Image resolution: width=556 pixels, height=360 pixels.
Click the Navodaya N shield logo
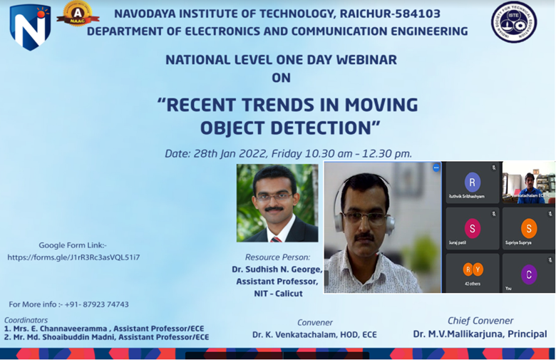[x=30, y=27]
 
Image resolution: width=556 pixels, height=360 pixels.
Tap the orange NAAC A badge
[x=78, y=15]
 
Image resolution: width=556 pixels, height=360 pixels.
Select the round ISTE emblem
[x=513, y=22]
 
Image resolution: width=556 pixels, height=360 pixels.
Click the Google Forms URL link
[x=73, y=257]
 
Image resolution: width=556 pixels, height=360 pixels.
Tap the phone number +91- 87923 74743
[x=96, y=304]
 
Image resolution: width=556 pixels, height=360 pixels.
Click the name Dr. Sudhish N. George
[x=277, y=269]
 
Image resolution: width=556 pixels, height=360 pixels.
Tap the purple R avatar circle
[x=472, y=182]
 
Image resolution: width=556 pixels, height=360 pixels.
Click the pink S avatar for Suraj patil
[x=472, y=228]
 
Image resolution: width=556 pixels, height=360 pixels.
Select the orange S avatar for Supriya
[x=528, y=228]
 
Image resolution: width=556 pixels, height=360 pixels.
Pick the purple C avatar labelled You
[x=528, y=274]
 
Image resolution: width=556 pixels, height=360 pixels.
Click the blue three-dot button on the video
[x=436, y=168]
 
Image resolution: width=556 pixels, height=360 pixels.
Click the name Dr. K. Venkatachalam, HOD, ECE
[x=314, y=334]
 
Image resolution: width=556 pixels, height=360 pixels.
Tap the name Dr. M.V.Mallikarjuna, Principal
[x=480, y=334]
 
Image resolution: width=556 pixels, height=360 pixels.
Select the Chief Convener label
[x=480, y=321]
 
